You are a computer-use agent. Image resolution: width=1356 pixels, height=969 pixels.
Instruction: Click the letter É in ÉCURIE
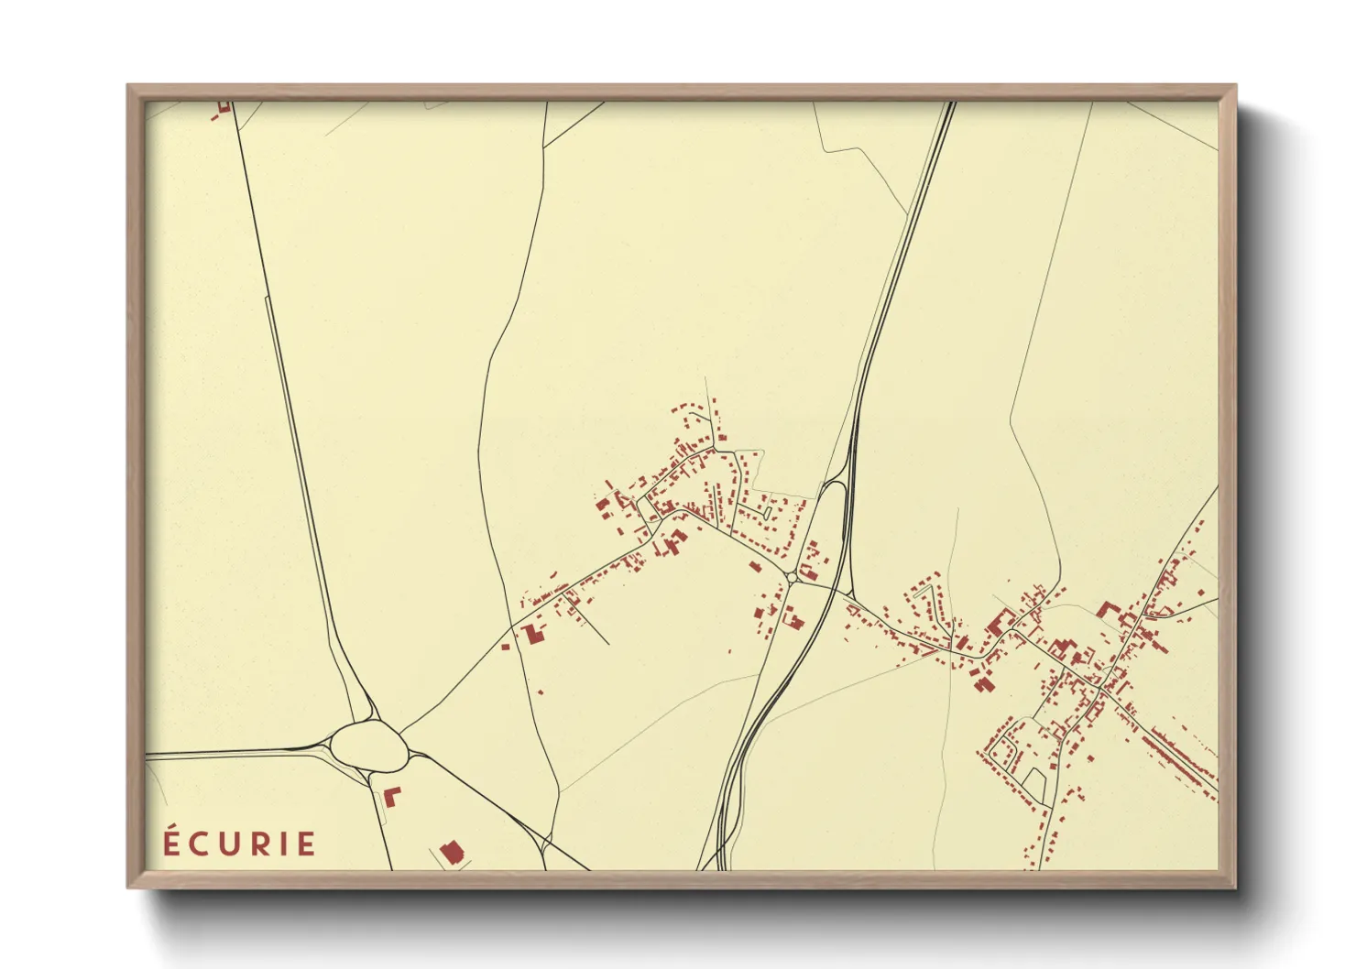point(171,842)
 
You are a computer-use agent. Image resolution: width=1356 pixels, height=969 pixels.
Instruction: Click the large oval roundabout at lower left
point(368,746)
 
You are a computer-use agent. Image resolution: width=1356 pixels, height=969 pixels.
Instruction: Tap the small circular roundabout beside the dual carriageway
point(792,578)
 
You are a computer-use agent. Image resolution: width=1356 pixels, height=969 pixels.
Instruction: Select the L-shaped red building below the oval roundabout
point(391,795)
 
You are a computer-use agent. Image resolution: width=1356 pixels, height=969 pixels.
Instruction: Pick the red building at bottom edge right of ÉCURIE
point(450,853)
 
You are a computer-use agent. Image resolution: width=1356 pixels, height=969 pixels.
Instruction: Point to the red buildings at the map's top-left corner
point(223,109)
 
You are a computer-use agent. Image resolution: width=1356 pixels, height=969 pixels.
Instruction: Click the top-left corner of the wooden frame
point(129,87)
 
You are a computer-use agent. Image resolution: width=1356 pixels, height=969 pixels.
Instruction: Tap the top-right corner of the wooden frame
point(1234,87)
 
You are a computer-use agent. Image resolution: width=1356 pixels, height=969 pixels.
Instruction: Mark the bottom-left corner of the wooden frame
point(129,886)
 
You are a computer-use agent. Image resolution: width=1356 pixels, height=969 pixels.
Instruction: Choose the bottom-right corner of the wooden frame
point(1234,886)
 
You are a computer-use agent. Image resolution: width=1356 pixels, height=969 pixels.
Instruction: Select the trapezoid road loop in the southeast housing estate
point(1034,784)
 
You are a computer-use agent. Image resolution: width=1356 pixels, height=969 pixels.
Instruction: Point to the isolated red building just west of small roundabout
point(756,567)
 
